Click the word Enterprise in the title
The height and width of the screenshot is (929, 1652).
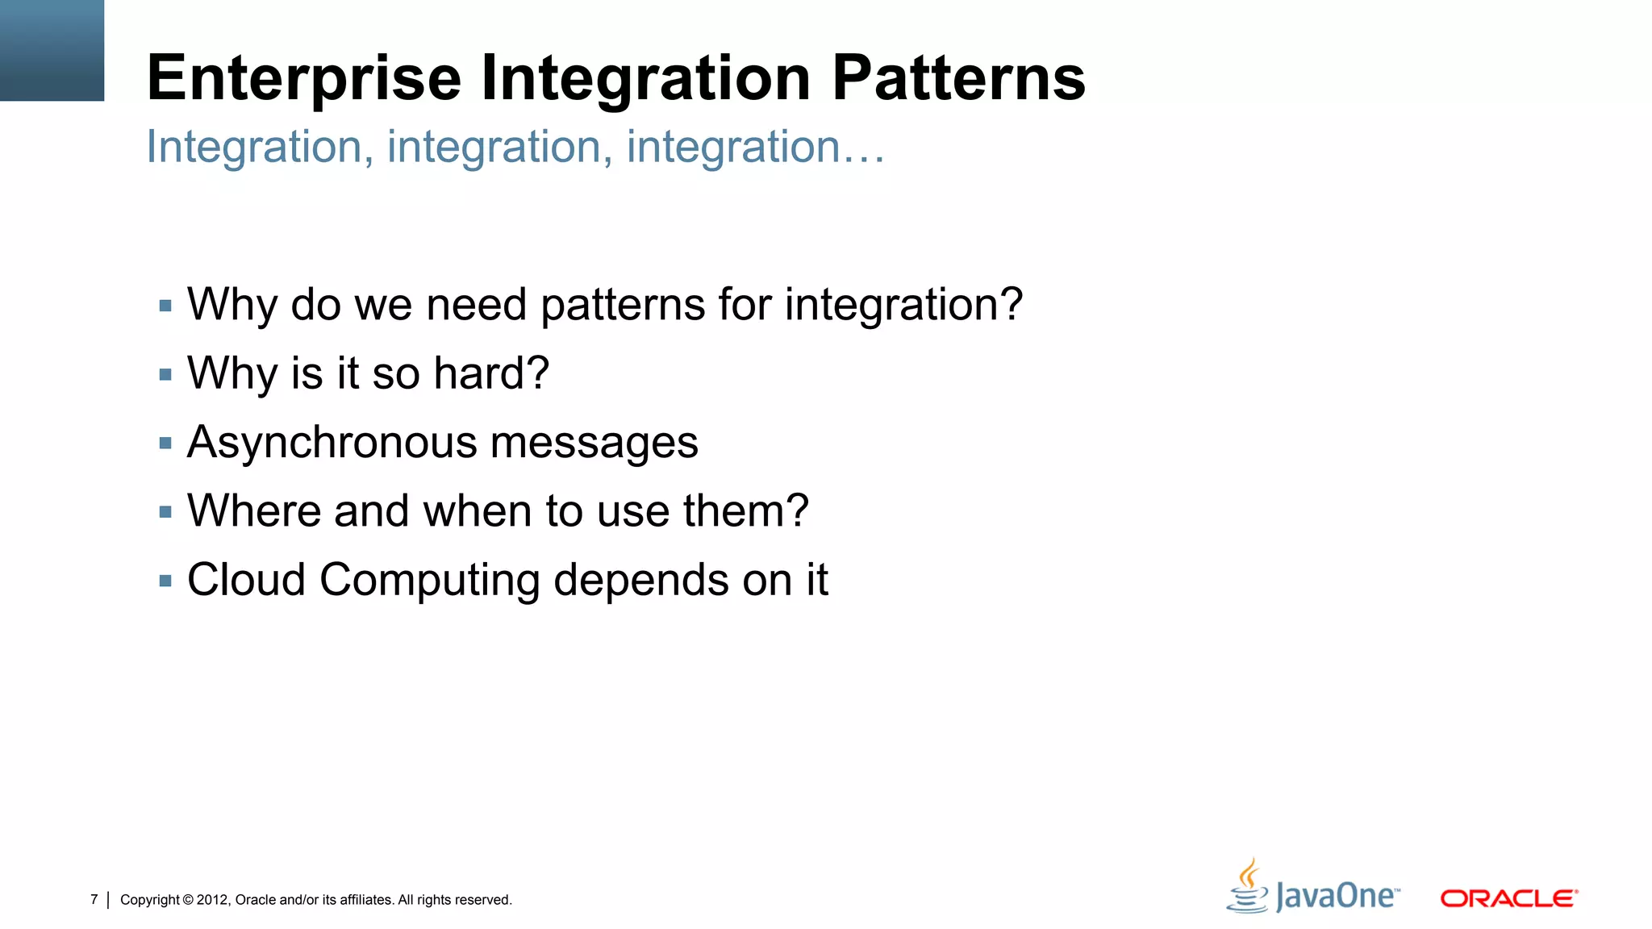click(x=304, y=78)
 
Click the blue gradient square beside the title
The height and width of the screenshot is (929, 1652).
click(x=52, y=50)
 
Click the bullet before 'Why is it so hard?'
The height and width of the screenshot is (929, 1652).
click(x=165, y=374)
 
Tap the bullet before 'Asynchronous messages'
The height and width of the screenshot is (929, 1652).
click(x=165, y=443)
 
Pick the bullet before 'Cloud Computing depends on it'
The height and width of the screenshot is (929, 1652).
click(x=165, y=581)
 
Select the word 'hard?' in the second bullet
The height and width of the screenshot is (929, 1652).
click(x=490, y=373)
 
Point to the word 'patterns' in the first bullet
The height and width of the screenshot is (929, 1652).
click(x=623, y=306)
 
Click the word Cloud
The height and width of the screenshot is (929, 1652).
click(x=246, y=580)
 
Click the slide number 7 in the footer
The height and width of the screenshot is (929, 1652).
click(x=94, y=899)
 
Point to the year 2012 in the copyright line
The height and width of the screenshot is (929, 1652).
click(x=213, y=900)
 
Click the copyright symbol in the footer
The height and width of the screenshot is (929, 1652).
click(x=188, y=900)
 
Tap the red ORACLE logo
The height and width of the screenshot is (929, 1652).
click(x=1508, y=898)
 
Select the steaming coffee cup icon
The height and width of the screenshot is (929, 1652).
click(x=1248, y=886)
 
